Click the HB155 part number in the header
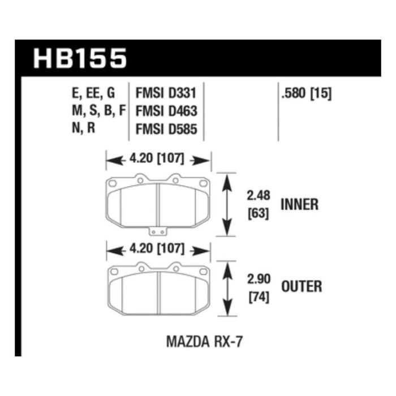80,58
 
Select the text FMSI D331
166,93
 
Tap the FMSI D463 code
166,111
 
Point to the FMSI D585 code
166,129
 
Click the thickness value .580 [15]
306,93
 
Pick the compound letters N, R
84,128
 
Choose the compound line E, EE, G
93,93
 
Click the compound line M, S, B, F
99,110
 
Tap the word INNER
299,204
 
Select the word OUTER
302,286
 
